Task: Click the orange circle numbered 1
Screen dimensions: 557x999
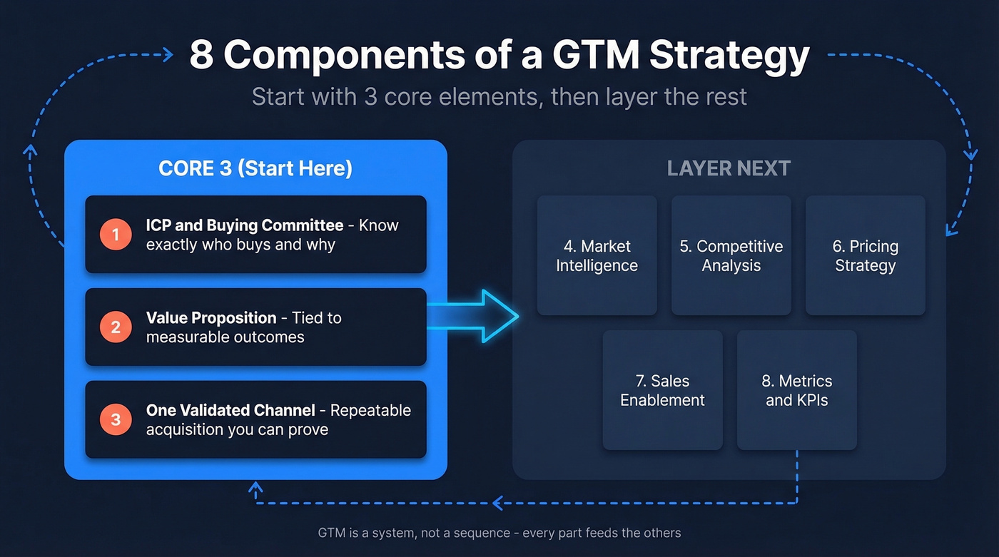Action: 116,235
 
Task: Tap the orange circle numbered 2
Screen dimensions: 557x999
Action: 116,327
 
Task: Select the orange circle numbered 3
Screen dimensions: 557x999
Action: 116,420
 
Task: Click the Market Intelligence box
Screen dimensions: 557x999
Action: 597,255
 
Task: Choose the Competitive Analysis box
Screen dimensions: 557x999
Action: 731,255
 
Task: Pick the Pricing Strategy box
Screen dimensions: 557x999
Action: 866,255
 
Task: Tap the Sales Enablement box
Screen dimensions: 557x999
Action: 663,390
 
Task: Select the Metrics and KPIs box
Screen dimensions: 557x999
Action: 797,390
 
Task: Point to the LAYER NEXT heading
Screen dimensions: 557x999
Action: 729,168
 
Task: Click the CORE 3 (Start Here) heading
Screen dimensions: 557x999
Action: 255,168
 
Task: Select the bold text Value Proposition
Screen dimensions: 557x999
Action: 211,318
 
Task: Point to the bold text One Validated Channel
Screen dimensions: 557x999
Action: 230,411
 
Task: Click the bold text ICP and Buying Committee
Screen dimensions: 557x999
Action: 245,225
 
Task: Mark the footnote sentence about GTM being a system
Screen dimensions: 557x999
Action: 499,533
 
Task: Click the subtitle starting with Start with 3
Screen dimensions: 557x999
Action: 499,96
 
